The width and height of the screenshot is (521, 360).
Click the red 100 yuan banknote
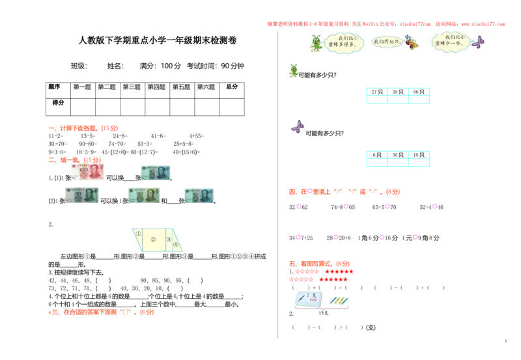tap(86, 171)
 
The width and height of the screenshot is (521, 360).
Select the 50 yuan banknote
tap(81, 192)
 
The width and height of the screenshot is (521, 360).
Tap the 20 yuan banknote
tap(144, 195)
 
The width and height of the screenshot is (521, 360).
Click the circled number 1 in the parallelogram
tap(139, 233)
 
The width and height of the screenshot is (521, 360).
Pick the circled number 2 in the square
tap(154, 240)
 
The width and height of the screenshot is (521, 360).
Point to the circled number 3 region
tap(169, 239)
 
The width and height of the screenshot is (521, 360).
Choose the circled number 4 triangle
tap(176, 244)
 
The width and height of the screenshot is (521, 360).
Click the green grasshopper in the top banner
tap(317, 44)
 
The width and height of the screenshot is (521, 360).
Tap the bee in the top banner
tap(411, 43)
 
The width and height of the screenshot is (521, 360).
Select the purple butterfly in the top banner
tap(478, 43)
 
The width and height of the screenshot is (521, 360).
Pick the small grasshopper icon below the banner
tap(294, 70)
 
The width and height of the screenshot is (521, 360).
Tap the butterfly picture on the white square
tap(297, 127)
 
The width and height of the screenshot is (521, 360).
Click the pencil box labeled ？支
tap(309, 299)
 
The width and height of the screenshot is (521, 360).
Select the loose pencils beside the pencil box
tap(339, 300)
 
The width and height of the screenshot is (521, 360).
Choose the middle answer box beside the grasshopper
tap(399, 94)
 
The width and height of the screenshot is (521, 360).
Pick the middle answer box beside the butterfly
tap(399, 158)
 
